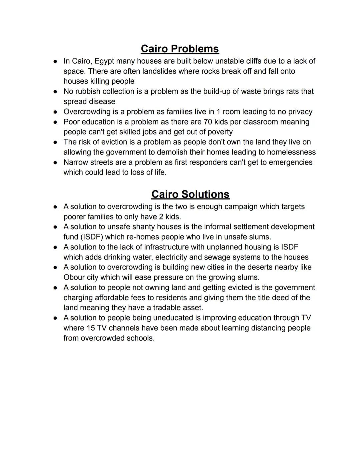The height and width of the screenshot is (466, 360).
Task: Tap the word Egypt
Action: (x=104, y=61)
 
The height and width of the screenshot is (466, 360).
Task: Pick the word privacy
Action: (x=298, y=112)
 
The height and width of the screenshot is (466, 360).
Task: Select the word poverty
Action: (x=220, y=132)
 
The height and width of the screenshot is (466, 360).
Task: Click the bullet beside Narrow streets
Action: (x=55, y=162)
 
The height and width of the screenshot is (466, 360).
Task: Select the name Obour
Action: (x=74, y=278)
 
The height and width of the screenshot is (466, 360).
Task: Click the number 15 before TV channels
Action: (x=91, y=328)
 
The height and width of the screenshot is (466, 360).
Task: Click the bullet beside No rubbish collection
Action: (x=55, y=91)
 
